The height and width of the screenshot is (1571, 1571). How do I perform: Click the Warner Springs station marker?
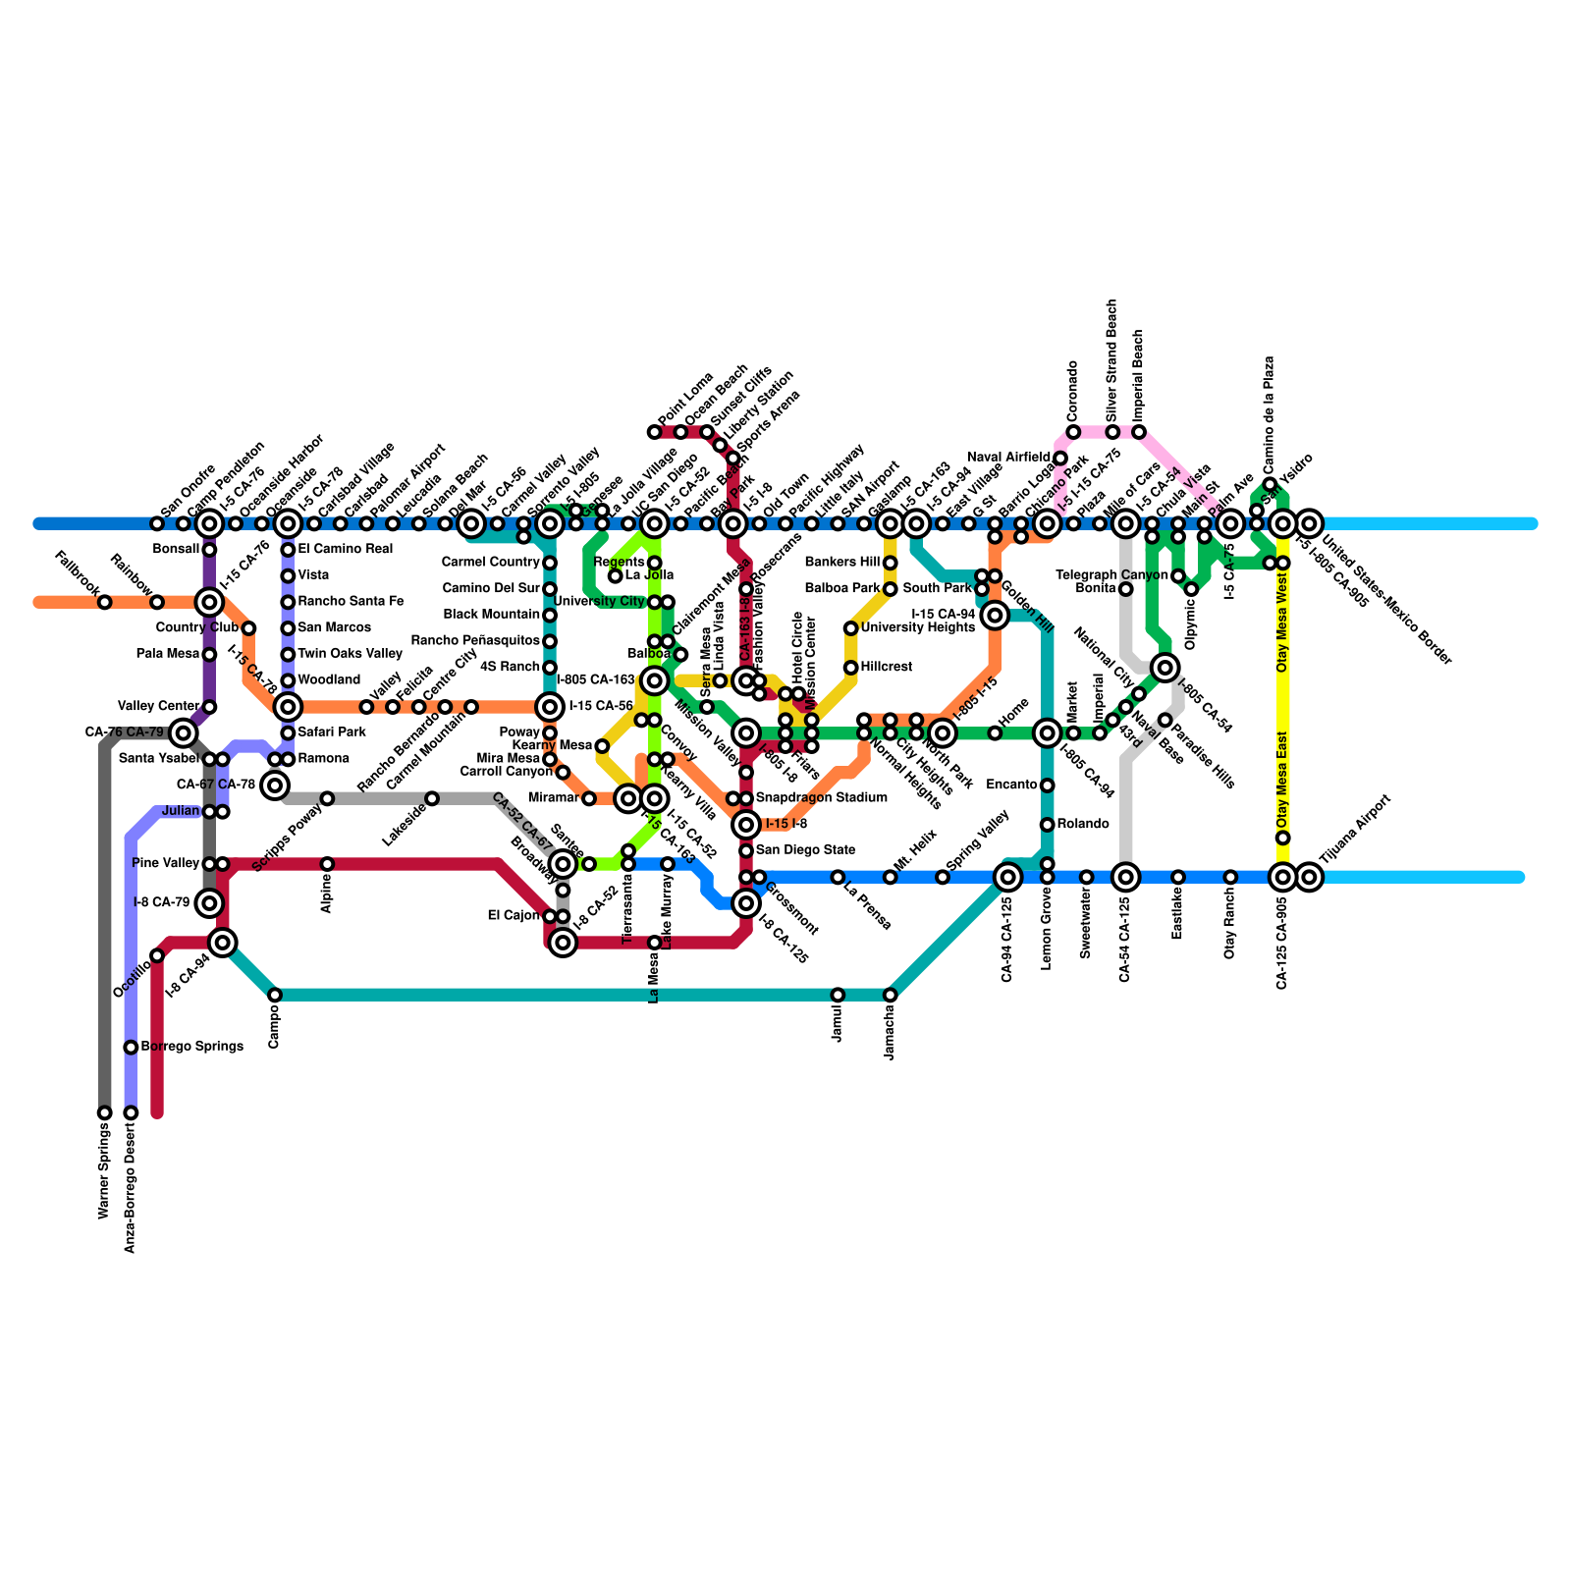tap(104, 1112)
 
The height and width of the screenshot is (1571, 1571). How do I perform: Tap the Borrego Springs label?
tap(191, 1047)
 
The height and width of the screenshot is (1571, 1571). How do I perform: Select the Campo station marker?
tap(275, 995)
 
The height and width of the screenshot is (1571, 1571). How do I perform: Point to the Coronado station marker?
tap(1073, 432)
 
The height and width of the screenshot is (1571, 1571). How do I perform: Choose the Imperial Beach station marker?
tap(1139, 432)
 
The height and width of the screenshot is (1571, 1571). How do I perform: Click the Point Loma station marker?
tap(654, 432)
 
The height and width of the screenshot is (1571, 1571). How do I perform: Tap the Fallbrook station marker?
tap(104, 602)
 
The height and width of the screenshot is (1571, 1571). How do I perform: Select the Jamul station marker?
tap(838, 995)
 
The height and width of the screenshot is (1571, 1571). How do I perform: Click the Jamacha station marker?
tap(890, 995)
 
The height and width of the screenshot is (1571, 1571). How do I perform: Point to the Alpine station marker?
tap(327, 864)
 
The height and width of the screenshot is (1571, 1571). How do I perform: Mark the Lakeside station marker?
tap(432, 798)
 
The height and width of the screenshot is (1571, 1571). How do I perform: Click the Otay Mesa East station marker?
tap(1282, 838)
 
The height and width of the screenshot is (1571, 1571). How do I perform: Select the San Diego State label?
tap(805, 850)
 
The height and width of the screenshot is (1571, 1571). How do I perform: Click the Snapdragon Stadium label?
tap(821, 798)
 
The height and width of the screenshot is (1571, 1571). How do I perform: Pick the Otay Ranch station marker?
tap(1230, 877)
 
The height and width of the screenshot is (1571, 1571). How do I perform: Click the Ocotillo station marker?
tap(157, 955)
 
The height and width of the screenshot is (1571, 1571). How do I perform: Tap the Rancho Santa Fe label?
tap(350, 602)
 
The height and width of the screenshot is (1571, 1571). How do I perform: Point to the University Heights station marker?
tap(850, 628)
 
